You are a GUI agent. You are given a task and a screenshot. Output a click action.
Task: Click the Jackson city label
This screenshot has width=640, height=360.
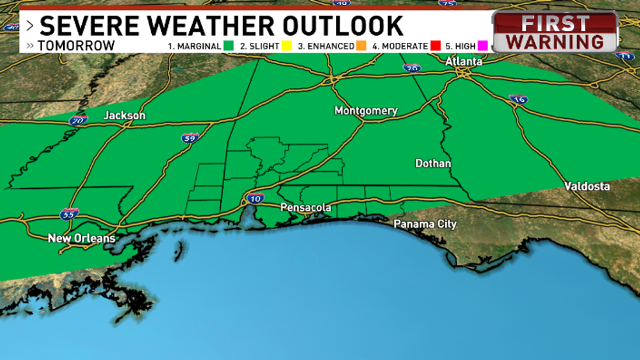coord(125,115)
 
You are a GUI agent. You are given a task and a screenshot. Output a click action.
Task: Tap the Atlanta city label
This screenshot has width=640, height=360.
coord(463,62)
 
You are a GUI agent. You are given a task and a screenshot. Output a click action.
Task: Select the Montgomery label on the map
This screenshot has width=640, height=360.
coord(365,111)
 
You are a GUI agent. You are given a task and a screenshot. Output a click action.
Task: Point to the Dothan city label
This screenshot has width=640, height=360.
coord(433,163)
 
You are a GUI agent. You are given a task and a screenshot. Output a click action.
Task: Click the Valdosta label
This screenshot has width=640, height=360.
coord(586,186)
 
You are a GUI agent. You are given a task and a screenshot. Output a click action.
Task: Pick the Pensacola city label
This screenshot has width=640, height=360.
coord(306,208)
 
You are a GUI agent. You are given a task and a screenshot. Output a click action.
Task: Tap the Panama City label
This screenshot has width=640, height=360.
coord(425,224)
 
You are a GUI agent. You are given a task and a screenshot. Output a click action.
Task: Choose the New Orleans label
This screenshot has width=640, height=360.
coord(81,238)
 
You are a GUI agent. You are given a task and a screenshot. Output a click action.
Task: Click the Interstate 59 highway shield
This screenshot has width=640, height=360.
coord(188,137)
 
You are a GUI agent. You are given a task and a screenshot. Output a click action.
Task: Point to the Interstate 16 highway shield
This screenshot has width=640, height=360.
coord(518,99)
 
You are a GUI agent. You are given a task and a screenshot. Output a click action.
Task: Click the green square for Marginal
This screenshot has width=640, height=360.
coord(228,46)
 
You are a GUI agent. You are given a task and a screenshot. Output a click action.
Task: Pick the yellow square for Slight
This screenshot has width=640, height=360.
coord(286,46)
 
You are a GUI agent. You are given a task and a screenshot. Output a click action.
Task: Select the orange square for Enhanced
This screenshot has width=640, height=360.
coord(360,46)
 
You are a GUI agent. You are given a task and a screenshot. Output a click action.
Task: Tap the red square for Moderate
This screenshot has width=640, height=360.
coord(436,46)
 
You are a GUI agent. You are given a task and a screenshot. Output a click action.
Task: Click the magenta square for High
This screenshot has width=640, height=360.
coord(482,46)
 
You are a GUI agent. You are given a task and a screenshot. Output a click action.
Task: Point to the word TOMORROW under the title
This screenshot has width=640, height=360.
coord(76,46)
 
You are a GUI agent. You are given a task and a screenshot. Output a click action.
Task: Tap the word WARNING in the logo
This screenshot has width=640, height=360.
coord(555,42)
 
